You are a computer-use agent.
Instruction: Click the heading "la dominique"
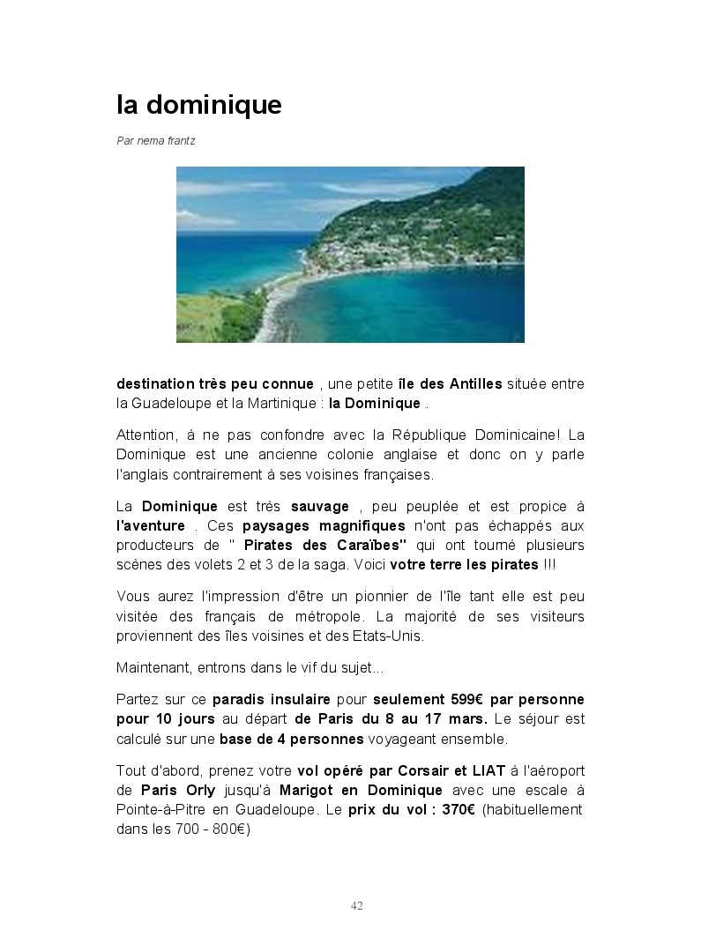(x=199, y=105)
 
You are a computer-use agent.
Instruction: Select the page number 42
(x=357, y=905)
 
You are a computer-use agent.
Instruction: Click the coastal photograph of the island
(x=350, y=254)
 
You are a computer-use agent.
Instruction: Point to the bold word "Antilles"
(x=476, y=383)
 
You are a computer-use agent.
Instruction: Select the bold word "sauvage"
(x=320, y=507)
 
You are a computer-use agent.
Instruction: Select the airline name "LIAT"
(x=487, y=770)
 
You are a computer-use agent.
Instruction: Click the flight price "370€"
(x=456, y=809)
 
